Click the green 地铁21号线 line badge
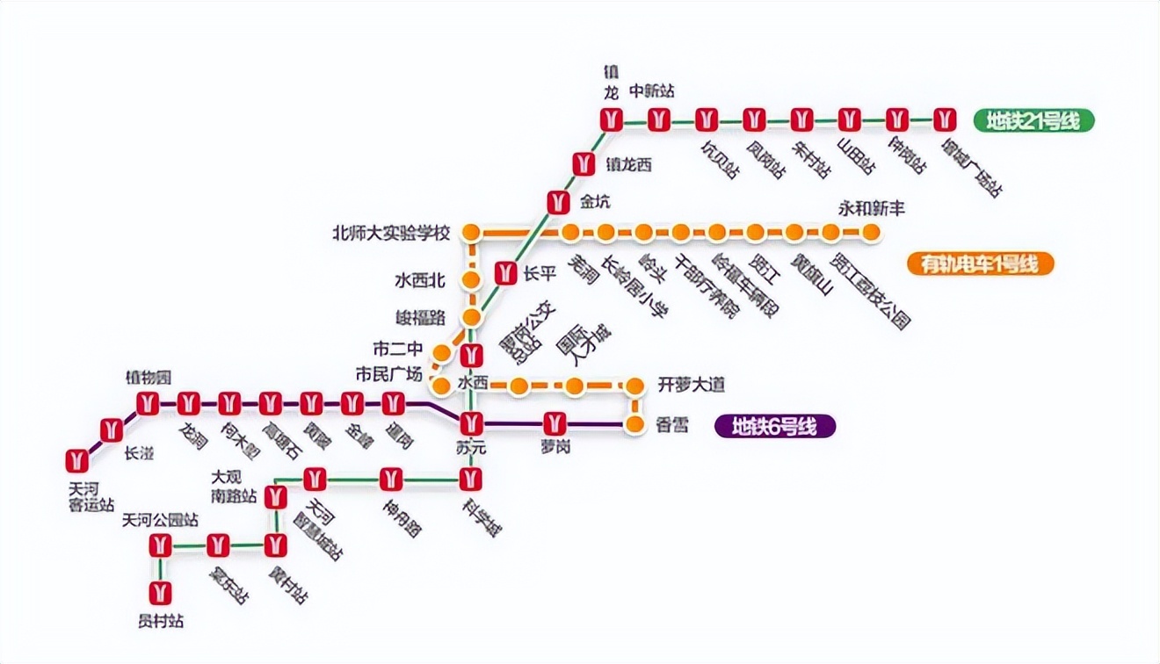point(1033,120)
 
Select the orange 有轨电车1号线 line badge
point(980,263)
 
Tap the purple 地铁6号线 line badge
point(774,427)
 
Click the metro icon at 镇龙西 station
point(584,163)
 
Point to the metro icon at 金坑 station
point(557,202)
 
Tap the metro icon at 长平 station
point(504,273)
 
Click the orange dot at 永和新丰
point(871,233)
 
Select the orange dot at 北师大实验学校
point(472,233)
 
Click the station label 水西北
point(420,281)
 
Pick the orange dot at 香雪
point(634,425)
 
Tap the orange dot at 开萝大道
point(634,385)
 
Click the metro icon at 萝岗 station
point(554,423)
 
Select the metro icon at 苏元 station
point(472,423)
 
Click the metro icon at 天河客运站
point(77,460)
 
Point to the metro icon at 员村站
point(160,592)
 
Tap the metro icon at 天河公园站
point(160,545)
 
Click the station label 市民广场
point(388,374)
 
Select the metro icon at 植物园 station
point(147,404)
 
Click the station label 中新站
point(652,90)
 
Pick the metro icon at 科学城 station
point(472,480)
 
